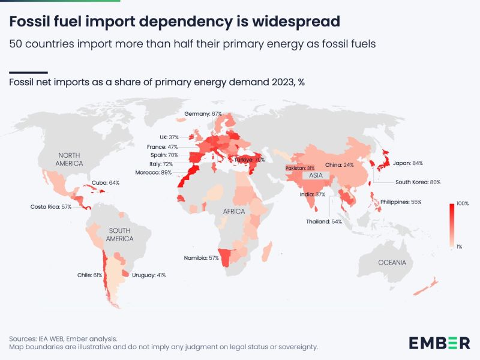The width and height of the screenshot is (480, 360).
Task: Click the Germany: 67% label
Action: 203,113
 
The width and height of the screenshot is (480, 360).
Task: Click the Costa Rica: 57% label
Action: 51,206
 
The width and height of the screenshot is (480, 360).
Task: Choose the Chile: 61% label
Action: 89,275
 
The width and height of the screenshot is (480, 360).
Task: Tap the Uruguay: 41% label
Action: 148,275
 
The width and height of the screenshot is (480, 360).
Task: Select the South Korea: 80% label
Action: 418,182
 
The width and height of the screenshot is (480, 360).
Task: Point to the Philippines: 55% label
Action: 400,202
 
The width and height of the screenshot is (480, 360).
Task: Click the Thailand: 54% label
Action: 323,221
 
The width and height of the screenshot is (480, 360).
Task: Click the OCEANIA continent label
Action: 392,263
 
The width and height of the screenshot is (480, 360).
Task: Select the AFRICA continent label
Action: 235,212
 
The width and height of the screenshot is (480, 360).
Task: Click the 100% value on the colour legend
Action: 462,204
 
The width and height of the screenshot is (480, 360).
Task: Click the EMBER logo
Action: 439,343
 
